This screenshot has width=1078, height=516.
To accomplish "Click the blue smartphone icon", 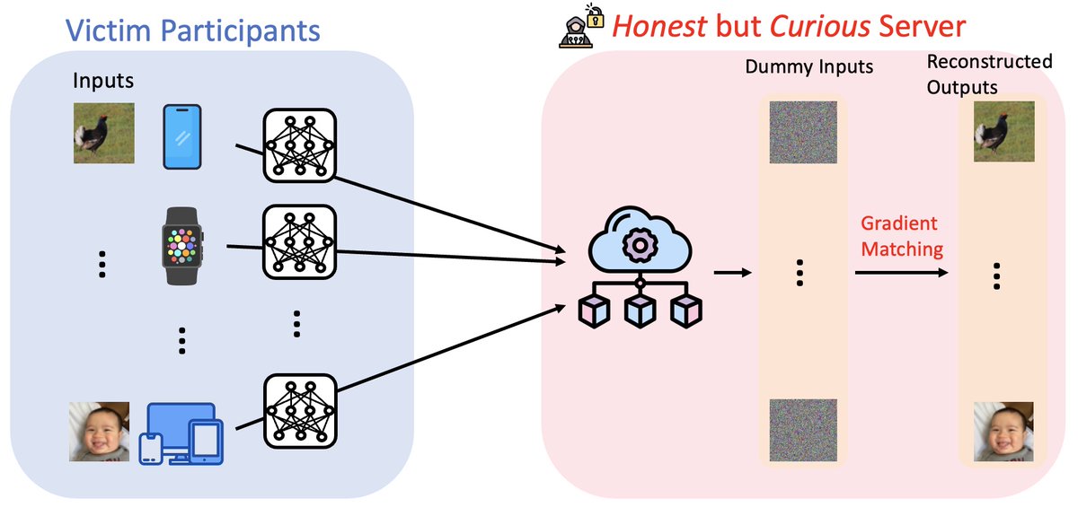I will [182, 136].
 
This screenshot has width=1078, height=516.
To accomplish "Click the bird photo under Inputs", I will [103, 132].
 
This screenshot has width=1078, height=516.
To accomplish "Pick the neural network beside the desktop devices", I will [299, 411].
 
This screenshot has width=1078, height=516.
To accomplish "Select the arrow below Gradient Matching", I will [902, 270].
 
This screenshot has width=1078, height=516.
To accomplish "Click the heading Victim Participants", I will [192, 31].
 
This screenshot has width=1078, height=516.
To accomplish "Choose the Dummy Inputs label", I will [808, 66].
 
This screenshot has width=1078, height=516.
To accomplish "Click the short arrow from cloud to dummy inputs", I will [731, 270].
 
